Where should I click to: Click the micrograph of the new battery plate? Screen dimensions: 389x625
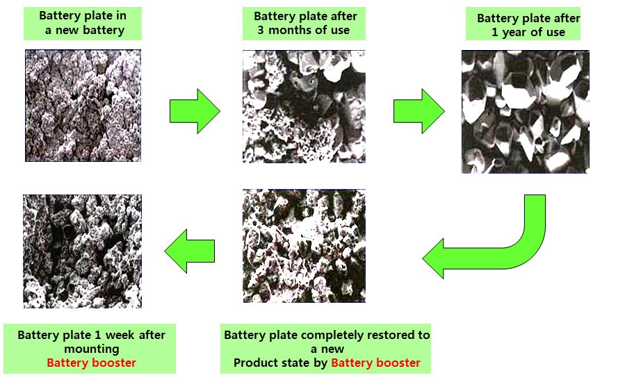click(83, 106)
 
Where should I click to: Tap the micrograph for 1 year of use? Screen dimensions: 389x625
click(525, 112)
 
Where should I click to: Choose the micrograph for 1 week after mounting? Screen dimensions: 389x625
click(82, 251)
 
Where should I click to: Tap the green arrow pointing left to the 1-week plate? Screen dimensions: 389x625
click(189, 251)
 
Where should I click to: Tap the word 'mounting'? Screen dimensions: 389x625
click(91, 349)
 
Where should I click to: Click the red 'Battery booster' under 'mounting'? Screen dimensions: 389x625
click(91, 363)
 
